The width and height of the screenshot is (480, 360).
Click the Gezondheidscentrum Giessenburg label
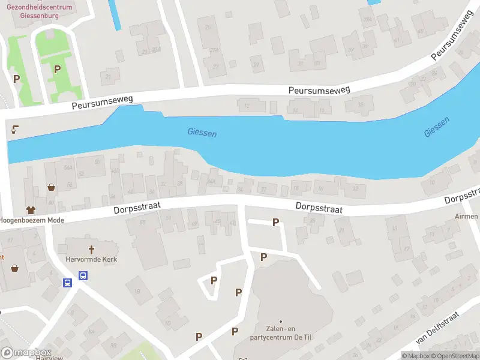[x=39, y=11]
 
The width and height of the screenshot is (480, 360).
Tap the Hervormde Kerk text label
[x=91, y=260]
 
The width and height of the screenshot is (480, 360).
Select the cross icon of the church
[x=92, y=249]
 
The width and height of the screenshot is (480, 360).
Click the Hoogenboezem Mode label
[x=32, y=220]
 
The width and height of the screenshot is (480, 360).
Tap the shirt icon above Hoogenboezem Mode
[x=31, y=210]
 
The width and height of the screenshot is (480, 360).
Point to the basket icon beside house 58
[x=52, y=187]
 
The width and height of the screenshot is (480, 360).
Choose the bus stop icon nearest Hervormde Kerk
[x=83, y=276]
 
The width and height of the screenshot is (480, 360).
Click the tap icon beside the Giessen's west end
[x=14, y=128]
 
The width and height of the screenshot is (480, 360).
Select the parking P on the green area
[x=57, y=69]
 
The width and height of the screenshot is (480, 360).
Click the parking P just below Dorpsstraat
[x=276, y=222]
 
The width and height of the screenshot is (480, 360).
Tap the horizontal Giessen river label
[x=202, y=132]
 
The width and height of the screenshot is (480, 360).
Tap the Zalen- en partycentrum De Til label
[x=280, y=332]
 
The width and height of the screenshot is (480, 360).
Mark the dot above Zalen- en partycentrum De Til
[x=280, y=321]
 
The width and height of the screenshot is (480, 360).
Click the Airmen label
[x=467, y=216]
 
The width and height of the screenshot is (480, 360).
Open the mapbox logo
[x=26, y=353]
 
